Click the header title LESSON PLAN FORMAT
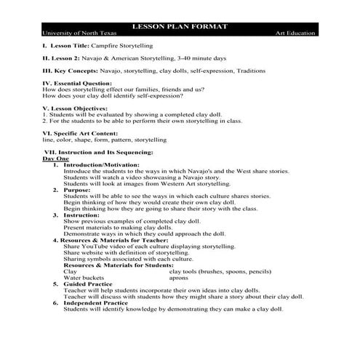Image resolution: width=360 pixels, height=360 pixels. pos(179,26)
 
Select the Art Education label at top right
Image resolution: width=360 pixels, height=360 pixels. pos(295,33)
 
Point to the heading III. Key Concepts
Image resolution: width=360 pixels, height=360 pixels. pos(72,71)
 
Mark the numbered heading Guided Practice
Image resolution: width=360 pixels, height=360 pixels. pos(88,284)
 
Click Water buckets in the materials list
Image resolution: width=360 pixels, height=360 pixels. pos(83,278)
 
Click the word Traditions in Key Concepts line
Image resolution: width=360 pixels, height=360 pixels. pos(245,71)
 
